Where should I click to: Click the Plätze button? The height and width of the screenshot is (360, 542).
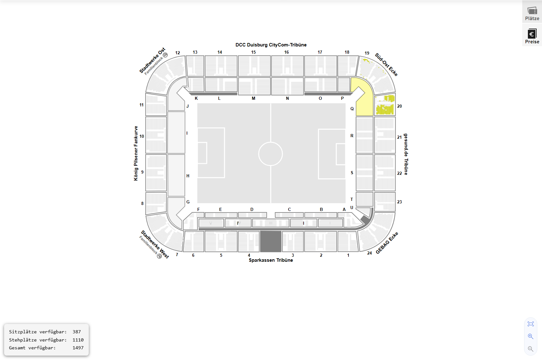532,13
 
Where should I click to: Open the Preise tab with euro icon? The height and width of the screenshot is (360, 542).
532,36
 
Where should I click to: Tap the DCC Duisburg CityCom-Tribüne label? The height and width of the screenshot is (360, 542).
271,45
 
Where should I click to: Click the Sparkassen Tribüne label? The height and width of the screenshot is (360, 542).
271,260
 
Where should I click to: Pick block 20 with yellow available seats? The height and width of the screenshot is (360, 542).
385,105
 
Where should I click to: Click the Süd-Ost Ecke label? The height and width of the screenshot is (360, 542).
386,65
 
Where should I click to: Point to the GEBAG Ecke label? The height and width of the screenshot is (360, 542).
387,243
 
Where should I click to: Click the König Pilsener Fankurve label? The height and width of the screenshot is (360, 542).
136,153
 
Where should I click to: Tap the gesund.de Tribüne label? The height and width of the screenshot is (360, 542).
406,154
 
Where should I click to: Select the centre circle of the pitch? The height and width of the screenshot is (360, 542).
270,154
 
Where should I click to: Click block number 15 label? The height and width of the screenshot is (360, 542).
253,52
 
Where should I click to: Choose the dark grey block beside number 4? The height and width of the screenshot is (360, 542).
270,241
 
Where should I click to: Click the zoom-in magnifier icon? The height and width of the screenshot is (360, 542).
530,336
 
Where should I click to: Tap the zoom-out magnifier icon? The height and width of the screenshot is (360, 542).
530,349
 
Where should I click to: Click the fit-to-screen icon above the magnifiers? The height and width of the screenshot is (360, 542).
530,324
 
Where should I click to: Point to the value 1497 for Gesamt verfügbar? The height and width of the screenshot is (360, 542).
78,348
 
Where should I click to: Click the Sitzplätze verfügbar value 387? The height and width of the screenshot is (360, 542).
77,332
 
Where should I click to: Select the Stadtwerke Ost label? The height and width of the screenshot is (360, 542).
152,61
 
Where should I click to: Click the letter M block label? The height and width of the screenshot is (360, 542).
253,98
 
